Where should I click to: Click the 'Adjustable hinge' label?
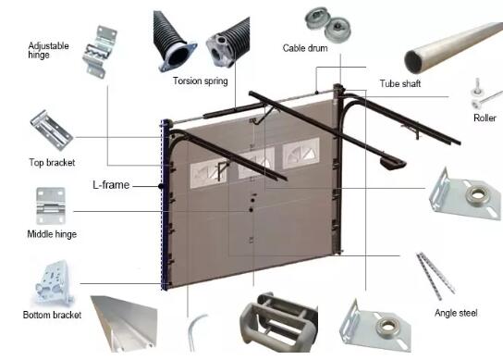[48, 50]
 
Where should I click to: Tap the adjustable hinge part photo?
[100, 52]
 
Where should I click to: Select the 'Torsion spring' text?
[200, 81]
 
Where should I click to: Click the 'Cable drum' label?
[305, 48]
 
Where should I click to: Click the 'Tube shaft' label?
[400, 84]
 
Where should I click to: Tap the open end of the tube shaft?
[414, 61]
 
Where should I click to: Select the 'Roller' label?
[485, 118]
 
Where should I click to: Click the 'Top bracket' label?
[52, 163]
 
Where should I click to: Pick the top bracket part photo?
[51, 130]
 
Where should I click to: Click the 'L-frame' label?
[111, 185]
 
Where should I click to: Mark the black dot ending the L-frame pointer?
[161, 186]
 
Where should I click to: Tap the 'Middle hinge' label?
[52, 234]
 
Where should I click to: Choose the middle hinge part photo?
[51, 205]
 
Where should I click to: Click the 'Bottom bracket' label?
[52, 315]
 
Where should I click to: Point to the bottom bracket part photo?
[54, 283]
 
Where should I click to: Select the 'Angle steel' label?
[456, 313]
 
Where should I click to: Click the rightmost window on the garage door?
[301, 154]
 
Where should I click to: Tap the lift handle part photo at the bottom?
[277, 322]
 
